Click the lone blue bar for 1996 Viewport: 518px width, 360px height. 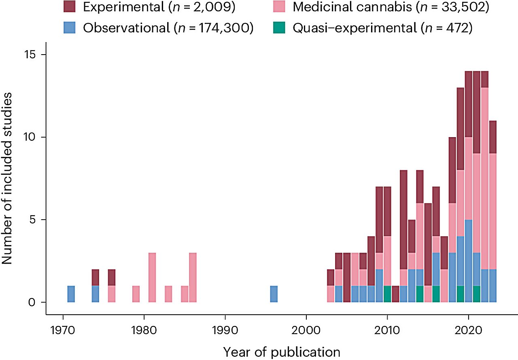(274, 294)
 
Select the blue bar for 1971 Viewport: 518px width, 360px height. (71, 294)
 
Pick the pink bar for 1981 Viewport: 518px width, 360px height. (152, 277)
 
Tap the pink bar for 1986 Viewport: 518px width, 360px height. (193, 277)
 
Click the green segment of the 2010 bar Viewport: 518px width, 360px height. (388, 294)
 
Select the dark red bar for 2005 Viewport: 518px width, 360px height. (347, 277)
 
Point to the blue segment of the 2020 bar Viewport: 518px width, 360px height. (469, 261)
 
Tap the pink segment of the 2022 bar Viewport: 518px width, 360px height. (485, 178)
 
